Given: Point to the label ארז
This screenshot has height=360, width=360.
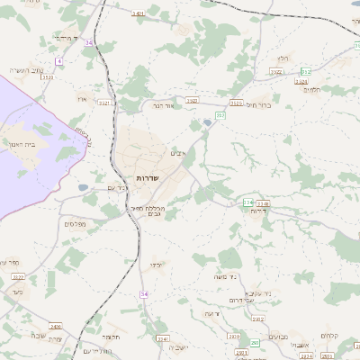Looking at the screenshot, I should [83, 98].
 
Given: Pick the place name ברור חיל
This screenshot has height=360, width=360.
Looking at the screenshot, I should [258, 105].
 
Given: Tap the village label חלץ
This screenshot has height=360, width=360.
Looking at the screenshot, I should [283, 58].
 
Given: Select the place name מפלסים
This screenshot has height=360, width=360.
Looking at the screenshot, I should [75, 222].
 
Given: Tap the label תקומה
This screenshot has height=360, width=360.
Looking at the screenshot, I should [112, 336].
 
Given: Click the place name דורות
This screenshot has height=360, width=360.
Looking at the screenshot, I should [257, 211].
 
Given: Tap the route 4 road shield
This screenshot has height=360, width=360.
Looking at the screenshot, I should [58, 60].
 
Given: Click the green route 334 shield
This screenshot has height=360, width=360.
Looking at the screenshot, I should [247, 202].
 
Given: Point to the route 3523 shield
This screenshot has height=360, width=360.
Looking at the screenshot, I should [47, 78].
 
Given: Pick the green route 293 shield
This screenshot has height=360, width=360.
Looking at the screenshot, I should [254, 343].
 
